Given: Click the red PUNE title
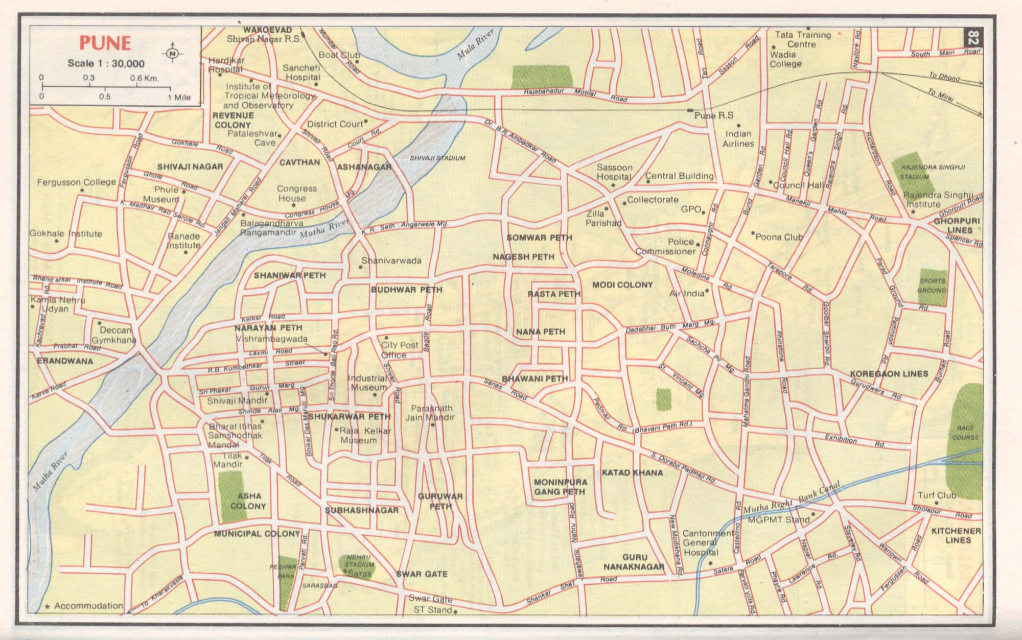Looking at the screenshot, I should click(105, 43).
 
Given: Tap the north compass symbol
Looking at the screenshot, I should click(173, 53).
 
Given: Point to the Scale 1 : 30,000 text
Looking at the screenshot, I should click(106, 64).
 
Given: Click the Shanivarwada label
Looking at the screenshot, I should click(391, 260).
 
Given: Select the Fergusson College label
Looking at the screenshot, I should click(76, 182).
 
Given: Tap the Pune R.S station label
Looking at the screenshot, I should click(713, 115).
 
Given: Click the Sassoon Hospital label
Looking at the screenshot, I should click(614, 172).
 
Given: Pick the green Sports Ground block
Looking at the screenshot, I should click(933, 287).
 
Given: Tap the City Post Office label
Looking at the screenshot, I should click(399, 350).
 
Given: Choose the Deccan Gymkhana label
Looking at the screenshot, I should click(114, 335).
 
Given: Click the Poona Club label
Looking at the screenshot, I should click(779, 237).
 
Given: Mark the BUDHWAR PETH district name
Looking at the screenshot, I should click(406, 290).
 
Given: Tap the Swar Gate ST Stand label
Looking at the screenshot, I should click(430, 604).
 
